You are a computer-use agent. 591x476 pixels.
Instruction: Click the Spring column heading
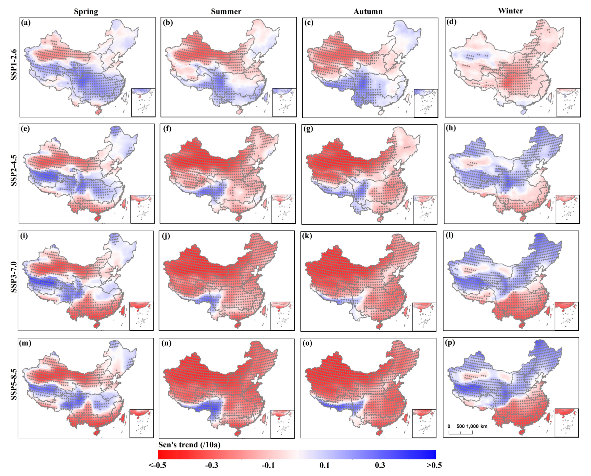pos(86,12)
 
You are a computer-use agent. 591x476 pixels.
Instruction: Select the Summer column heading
pos(226,12)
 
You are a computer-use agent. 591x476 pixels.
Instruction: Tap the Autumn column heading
pos(368,12)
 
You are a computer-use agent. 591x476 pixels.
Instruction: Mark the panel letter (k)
pos(307,236)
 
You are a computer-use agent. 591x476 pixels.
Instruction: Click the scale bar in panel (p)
pos(461,432)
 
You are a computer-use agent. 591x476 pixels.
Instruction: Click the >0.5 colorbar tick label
pos(434,465)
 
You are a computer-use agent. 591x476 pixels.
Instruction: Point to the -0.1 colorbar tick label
pos(268,465)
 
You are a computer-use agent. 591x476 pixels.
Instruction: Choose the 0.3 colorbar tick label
pos(380,465)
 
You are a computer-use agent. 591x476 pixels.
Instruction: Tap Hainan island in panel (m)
pos(96,432)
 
